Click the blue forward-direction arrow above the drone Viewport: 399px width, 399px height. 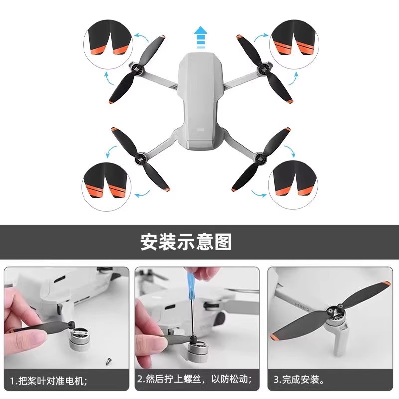pos(201,37)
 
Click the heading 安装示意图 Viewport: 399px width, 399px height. pos(186,242)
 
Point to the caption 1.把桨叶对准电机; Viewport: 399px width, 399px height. pos(48,381)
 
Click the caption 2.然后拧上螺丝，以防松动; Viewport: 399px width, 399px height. pos(195,379)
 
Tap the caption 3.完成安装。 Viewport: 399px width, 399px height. pos(299,380)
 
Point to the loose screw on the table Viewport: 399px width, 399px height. pos(108,361)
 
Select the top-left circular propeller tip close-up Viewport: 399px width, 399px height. pos(108,45)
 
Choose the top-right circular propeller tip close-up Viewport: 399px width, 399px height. pos(294,45)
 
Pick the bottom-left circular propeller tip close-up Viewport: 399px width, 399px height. pos(107,187)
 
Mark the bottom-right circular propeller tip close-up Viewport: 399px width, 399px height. pos(293,186)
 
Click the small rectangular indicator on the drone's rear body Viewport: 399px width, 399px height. pos(201,129)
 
